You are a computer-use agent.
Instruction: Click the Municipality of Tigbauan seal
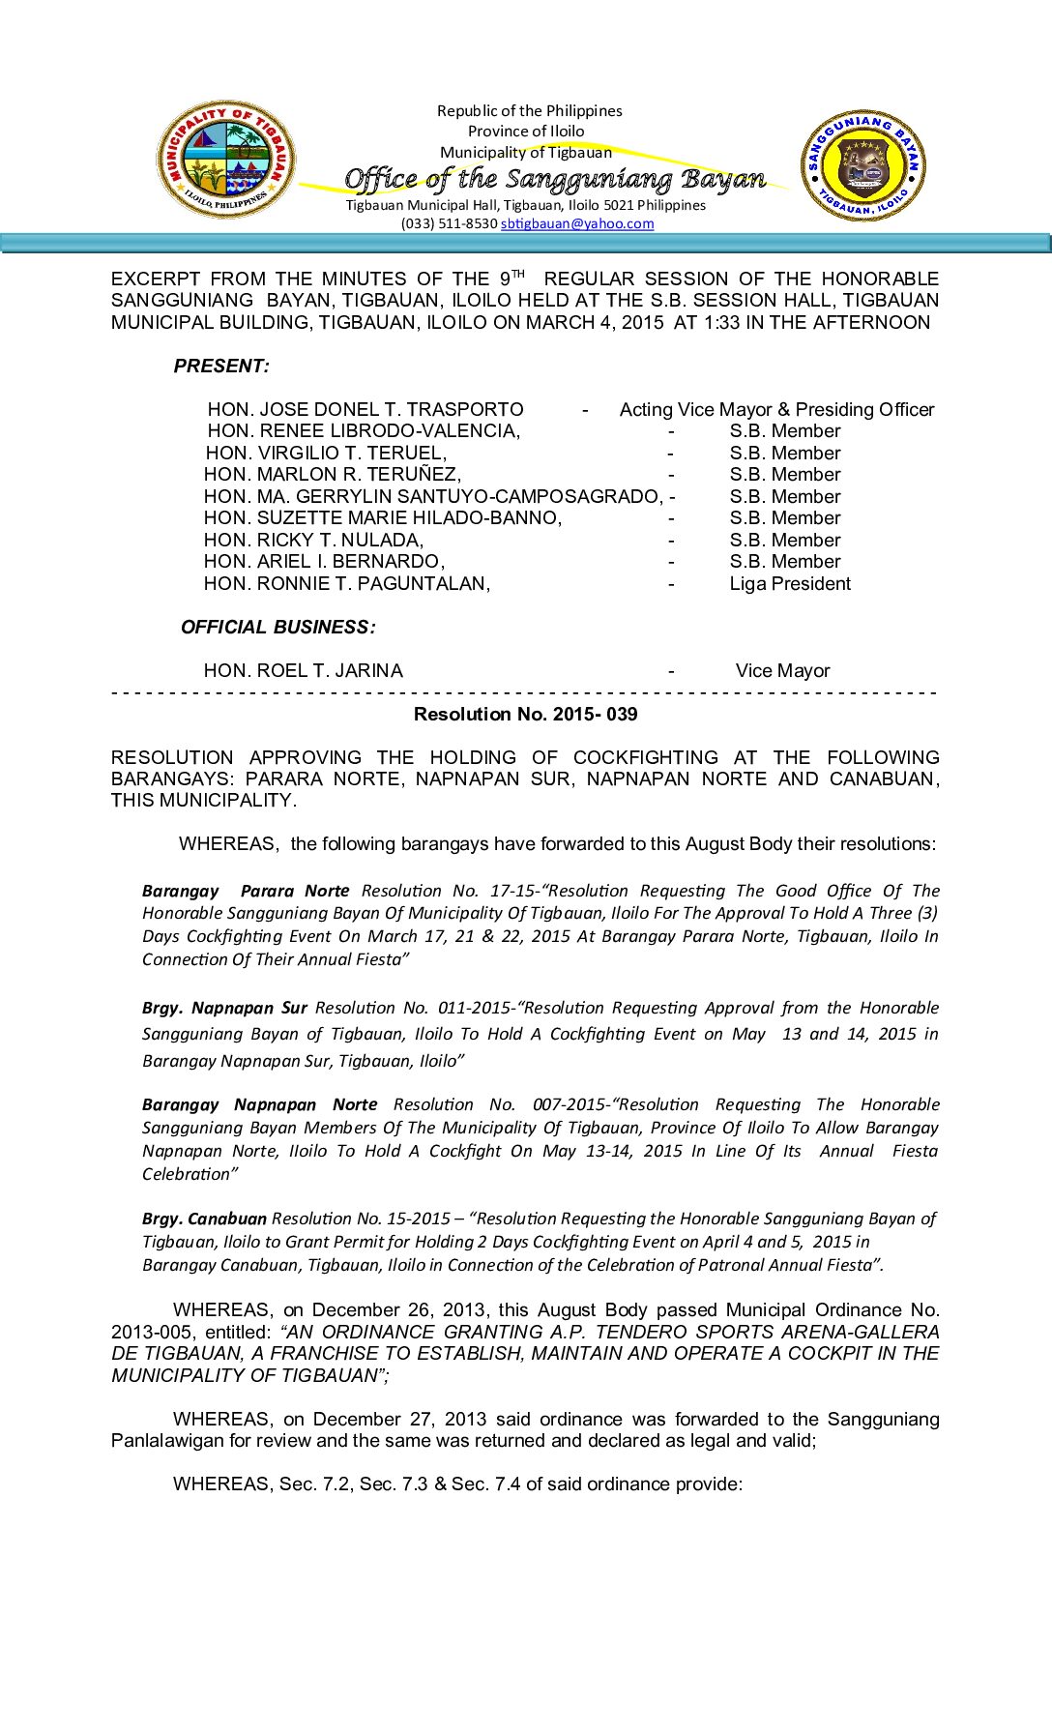tap(226, 161)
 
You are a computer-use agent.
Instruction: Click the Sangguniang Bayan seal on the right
tap(862, 164)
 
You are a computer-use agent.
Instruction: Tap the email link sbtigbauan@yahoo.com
tap(576, 223)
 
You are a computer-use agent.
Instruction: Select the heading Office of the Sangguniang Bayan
tap(555, 179)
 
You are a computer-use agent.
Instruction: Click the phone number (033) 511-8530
tap(449, 223)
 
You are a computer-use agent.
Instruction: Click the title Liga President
tap(790, 583)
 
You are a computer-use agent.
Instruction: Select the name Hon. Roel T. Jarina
tap(303, 670)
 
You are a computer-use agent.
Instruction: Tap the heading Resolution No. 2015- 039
tap(525, 714)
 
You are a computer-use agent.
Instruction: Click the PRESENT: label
tap(221, 366)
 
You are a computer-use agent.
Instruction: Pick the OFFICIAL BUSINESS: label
tap(278, 627)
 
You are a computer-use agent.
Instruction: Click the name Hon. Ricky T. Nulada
tap(313, 540)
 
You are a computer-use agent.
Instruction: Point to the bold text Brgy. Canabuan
tap(204, 1219)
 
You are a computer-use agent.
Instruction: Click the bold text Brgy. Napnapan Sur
tap(224, 1008)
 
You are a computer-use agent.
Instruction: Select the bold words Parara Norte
tap(294, 891)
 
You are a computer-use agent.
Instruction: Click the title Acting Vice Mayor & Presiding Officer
tap(776, 409)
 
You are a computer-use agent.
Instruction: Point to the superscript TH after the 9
tap(518, 274)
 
